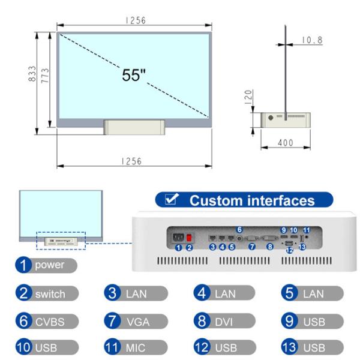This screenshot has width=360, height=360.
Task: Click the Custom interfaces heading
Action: [x=252, y=200]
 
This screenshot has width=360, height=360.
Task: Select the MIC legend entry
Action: [x=137, y=347]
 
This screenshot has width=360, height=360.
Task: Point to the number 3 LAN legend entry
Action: [x=137, y=294]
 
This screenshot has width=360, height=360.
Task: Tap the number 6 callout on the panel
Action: [x=239, y=229]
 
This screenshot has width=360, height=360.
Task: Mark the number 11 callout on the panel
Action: [x=306, y=230]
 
